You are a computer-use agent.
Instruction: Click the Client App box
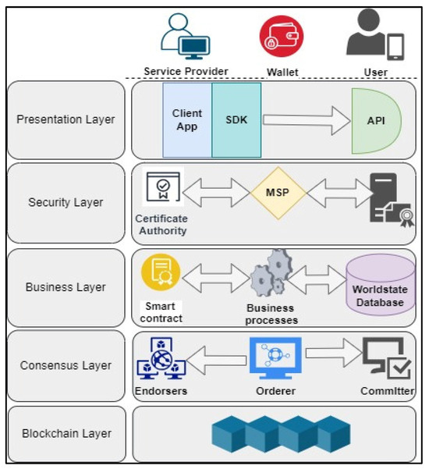tap(187, 119)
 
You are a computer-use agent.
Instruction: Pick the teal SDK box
tap(236, 119)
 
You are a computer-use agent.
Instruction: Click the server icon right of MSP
tap(388, 198)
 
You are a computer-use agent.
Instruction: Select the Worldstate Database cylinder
tap(381, 285)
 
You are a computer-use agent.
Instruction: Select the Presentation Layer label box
tap(66, 120)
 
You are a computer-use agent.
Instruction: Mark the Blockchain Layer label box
tap(66, 434)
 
